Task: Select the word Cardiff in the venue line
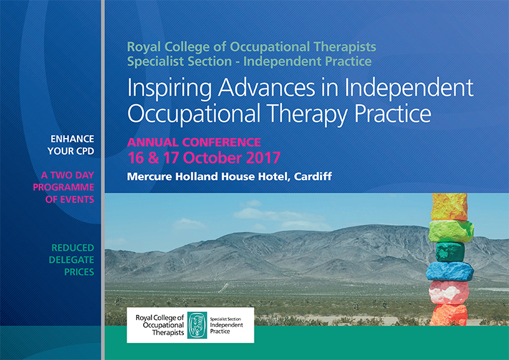(x=313, y=176)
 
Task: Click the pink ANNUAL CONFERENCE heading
(x=194, y=142)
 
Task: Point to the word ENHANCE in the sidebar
(x=72, y=139)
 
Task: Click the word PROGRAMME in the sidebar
(x=64, y=187)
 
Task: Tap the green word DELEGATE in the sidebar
(x=71, y=260)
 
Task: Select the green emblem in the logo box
(x=197, y=325)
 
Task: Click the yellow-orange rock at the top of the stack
(x=449, y=207)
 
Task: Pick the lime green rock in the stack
(x=451, y=231)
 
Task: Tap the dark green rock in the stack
(x=450, y=252)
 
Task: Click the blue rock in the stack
(x=450, y=271)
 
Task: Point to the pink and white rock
(x=449, y=293)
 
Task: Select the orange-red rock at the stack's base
(x=449, y=315)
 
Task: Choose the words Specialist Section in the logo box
(x=225, y=319)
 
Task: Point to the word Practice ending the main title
(x=393, y=113)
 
